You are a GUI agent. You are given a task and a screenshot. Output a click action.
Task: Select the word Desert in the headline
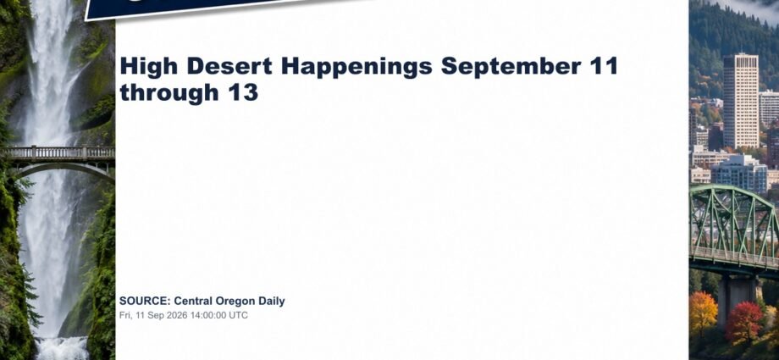pos(229,66)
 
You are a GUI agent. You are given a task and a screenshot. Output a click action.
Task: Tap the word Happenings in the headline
pos(356,67)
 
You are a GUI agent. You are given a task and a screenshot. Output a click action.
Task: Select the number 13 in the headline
pos(244,92)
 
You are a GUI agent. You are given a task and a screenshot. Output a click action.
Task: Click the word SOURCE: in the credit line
pos(145,301)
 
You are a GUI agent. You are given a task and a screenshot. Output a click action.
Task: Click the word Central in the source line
pos(193,301)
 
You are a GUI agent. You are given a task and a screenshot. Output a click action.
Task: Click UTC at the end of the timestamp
pos(238,315)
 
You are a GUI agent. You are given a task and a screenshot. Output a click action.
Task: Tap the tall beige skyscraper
pos(740,101)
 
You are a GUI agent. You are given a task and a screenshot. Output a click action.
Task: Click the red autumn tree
pos(743,322)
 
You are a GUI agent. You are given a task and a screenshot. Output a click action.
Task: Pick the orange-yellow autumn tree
pos(704,313)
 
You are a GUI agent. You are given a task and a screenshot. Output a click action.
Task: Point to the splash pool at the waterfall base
pos(63,348)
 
